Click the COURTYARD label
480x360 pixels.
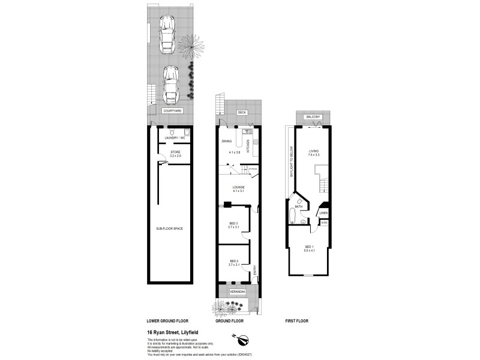pos(172,110)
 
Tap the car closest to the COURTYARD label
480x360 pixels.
pos(171,84)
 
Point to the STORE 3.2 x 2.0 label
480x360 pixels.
pos(175,154)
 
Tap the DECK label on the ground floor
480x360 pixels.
pos(242,112)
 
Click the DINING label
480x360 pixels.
pos(227,142)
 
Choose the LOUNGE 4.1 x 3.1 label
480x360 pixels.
pos(239,189)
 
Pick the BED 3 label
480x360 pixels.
pos(234,224)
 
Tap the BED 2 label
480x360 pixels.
pos(234,262)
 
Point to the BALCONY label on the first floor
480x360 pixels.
pos(312,116)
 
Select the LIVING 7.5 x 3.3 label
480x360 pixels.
pos(314,152)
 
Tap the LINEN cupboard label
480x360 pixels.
pos(323,212)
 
